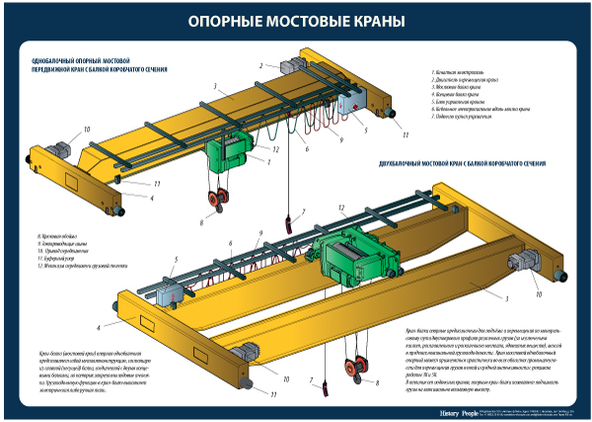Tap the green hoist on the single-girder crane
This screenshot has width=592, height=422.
[231, 153]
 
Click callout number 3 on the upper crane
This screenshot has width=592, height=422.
[213, 86]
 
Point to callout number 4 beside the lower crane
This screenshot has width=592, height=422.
[99, 325]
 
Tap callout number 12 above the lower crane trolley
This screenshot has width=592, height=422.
[340, 208]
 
